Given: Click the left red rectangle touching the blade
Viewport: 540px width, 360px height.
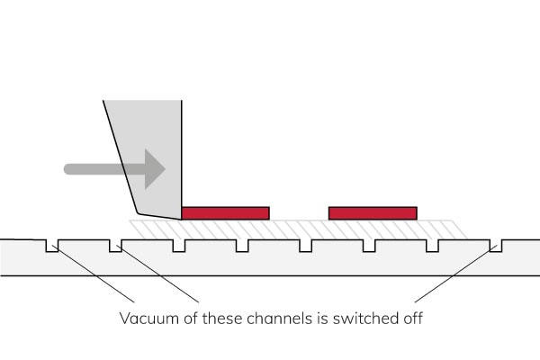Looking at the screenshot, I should (x=225, y=212).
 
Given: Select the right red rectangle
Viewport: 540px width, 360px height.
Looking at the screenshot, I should (x=373, y=212).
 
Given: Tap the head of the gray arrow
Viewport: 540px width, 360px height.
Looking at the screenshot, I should (x=154, y=168).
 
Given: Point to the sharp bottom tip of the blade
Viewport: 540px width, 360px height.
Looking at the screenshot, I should (x=180, y=218).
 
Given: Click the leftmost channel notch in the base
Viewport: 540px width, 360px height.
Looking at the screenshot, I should (x=52, y=245).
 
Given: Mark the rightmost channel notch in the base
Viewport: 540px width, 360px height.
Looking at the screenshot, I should (x=496, y=245).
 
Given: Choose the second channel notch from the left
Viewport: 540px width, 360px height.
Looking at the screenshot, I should (x=114, y=245).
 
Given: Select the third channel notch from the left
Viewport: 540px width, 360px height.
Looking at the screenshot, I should (x=178, y=245).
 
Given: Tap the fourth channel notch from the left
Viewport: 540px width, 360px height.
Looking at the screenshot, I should (x=242, y=245).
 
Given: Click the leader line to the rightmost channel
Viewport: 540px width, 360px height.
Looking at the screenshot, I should (x=454, y=274).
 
